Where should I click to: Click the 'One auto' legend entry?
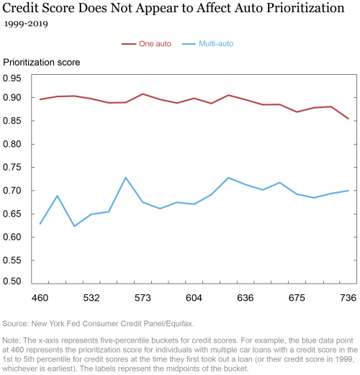(x=146, y=44)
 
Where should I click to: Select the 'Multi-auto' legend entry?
(x=207, y=43)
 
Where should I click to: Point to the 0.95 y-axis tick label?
(x=12, y=78)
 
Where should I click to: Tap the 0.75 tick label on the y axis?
(x=12, y=167)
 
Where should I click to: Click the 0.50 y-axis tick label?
(x=12, y=281)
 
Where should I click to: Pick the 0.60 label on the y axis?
(x=12, y=237)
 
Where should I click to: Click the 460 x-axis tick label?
(x=40, y=298)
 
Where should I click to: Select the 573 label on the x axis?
(x=143, y=298)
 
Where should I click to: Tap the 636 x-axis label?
(x=246, y=298)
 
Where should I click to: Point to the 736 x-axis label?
(x=348, y=298)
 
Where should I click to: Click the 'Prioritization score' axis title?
(x=41, y=63)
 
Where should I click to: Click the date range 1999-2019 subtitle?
(x=26, y=24)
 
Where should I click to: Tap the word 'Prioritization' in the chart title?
(x=305, y=8)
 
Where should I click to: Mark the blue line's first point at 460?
(x=40, y=224)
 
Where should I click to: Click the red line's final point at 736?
(x=348, y=119)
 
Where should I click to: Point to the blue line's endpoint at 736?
(x=348, y=191)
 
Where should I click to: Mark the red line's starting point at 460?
(x=40, y=99)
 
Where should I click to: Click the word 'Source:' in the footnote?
(x=16, y=324)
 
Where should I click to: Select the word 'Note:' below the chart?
(x=12, y=340)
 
